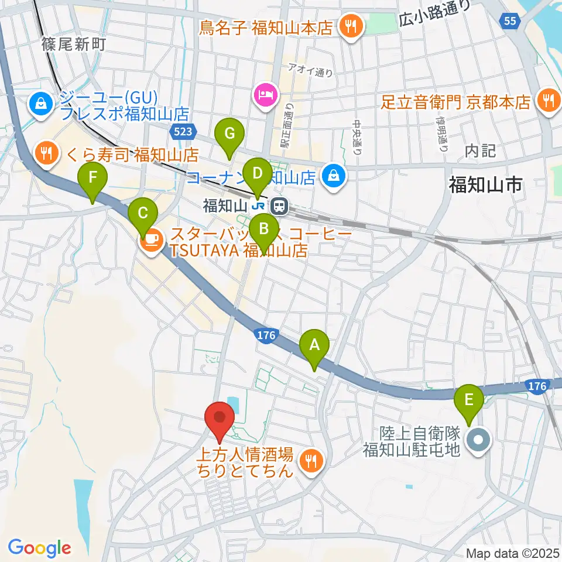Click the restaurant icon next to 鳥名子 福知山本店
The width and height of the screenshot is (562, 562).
[x=352, y=26]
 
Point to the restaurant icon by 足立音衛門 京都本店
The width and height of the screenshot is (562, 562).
[x=549, y=101]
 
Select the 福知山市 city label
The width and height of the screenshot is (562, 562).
[x=485, y=185]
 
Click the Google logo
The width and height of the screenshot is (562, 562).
[x=39, y=548]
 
